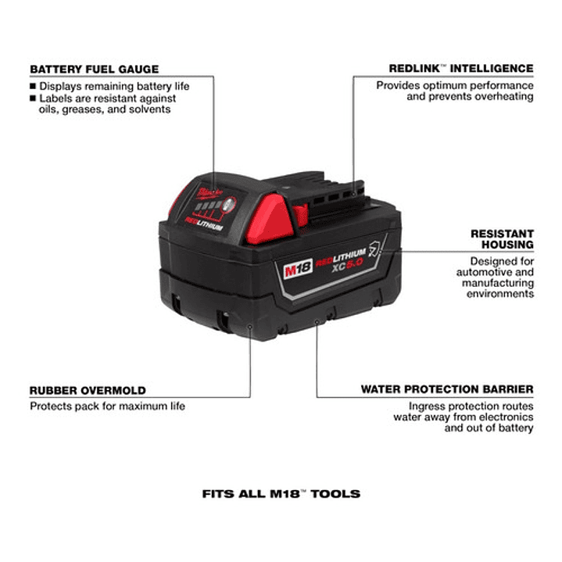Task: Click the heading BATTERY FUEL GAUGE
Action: [x=95, y=69]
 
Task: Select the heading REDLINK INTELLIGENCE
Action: [x=461, y=69]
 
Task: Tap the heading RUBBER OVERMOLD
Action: [x=88, y=390]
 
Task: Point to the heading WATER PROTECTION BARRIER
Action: [x=447, y=389]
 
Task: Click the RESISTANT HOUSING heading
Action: [x=502, y=239]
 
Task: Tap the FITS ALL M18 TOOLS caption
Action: [x=281, y=494]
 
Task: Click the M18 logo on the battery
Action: [x=298, y=268]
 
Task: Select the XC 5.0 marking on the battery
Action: [x=347, y=265]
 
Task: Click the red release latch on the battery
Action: [x=268, y=220]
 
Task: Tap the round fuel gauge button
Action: [x=229, y=206]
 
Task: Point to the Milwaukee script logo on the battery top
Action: [x=209, y=193]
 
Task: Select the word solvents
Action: [x=150, y=109]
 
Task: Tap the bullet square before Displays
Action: [x=33, y=86]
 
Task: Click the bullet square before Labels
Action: [x=33, y=98]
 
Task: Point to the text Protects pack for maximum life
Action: [x=108, y=406]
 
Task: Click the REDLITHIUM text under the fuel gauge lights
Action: [x=204, y=223]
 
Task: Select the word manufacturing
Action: [x=498, y=284]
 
